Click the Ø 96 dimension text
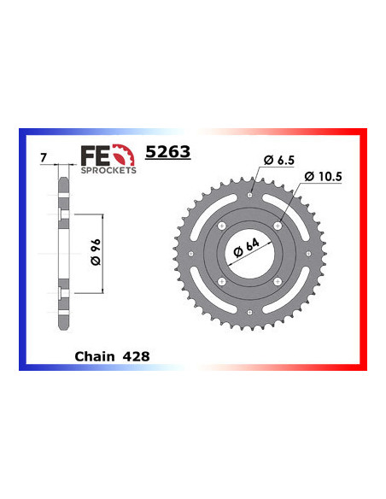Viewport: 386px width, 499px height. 95,253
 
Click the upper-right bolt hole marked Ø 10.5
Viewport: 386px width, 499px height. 278,226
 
